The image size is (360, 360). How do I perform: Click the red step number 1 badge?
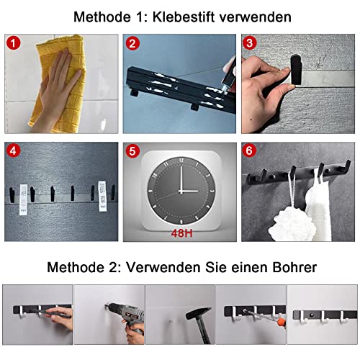pyautogui.click(x=14, y=43)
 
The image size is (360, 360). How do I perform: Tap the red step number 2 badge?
pyautogui.click(x=132, y=43)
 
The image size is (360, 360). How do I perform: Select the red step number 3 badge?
pyautogui.click(x=249, y=43)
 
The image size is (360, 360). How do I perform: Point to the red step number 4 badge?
pyautogui.click(x=14, y=151)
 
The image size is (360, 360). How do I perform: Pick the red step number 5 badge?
pyautogui.click(x=132, y=151)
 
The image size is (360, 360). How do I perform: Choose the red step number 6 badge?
pyautogui.click(x=249, y=150)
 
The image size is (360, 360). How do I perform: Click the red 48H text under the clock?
pyautogui.click(x=181, y=233)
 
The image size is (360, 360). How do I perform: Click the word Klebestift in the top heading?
pyautogui.click(x=184, y=17)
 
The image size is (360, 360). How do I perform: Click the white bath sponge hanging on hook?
pyautogui.click(x=292, y=225)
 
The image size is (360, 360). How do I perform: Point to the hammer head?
pyautogui.click(x=198, y=313)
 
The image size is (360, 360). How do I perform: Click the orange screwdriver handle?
pyautogui.click(x=282, y=322)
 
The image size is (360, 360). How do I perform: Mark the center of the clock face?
pyautogui.click(x=181, y=192)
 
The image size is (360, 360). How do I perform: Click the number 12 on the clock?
pyautogui.click(x=181, y=160)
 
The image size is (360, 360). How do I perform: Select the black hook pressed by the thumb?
pyautogui.click(x=296, y=70)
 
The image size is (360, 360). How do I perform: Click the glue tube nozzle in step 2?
pyautogui.click(x=225, y=89)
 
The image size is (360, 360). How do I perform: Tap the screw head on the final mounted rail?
pyautogui.click(x=312, y=315)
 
